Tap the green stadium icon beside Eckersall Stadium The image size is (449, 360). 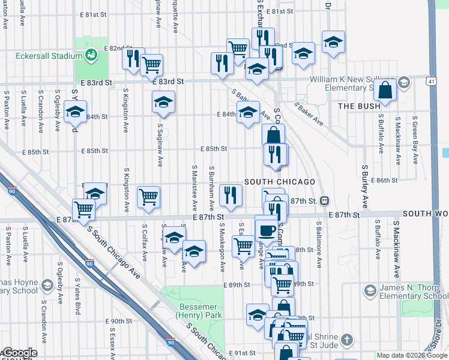pyautogui.click(x=91, y=56)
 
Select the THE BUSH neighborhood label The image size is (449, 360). pyautogui.click(x=360, y=106)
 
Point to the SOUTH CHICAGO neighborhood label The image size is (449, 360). pyautogui.click(x=280, y=182)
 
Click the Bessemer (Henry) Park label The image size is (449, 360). pyautogui.click(x=199, y=310)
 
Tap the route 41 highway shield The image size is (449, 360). pyautogui.click(x=432, y=80)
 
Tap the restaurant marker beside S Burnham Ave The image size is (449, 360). pyautogui.click(x=231, y=194)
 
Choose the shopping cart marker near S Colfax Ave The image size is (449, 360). pyautogui.click(x=148, y=196)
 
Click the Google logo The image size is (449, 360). pyautogui.click(x=19, y=353)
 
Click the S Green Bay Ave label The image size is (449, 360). pyautogui.click(x=414, y=142)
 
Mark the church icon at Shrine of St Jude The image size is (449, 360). pyautogui.click(x=346, y=341)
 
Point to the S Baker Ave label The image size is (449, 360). pyautogui.click(x=309, y=113)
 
